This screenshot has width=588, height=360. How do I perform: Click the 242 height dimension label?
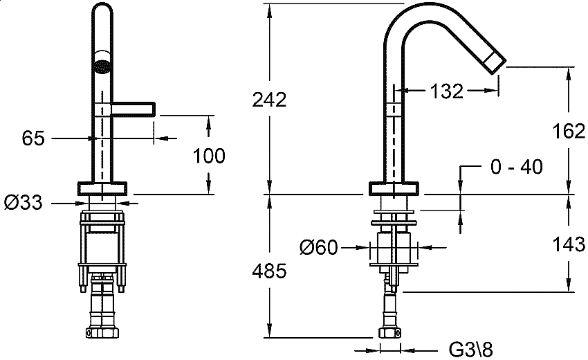pyautogui.click(x=269, y=100)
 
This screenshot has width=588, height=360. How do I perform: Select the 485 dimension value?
pyautogui.click(x=269, y=271)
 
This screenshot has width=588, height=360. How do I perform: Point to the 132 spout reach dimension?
pyautogui.click(x=447, y=91)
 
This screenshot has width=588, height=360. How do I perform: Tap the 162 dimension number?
pyautogui.click(x=569, y=131)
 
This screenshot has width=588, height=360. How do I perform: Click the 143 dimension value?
pyautogui.click(x=569, y=244)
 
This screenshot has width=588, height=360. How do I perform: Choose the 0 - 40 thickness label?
pyautogui.click(x=516, y=167)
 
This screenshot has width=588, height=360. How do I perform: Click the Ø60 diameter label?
pyautogui.click(x=319, y=247)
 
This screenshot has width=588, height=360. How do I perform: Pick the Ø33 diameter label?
pyautogui.click(x=24, y=203)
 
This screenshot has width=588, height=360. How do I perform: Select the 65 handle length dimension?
pyautogui.click(x=33, y=138)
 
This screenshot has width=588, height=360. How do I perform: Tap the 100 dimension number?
pyautogui.click(x=209, y=156)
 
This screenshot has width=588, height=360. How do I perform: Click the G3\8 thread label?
pyautogui.click(x=470, y=350)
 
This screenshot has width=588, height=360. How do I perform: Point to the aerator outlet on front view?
pyautogui.click(x=102, y=66)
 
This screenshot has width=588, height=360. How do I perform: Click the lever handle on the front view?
pyautogui.click(x=133, y=109)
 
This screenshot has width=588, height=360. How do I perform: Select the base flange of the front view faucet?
pyautogui.click(x=102, y=188)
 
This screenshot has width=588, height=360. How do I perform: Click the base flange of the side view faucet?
pyautogui.click(x=394, y=188)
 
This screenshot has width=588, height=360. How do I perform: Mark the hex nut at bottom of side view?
pyautogui.click(x=391, y=332)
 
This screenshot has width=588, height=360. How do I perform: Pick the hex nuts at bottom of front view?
pyautogui.click(x=102, y=332)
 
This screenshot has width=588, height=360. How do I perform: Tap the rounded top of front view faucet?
pyautogui.click(x=102, y=6)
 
